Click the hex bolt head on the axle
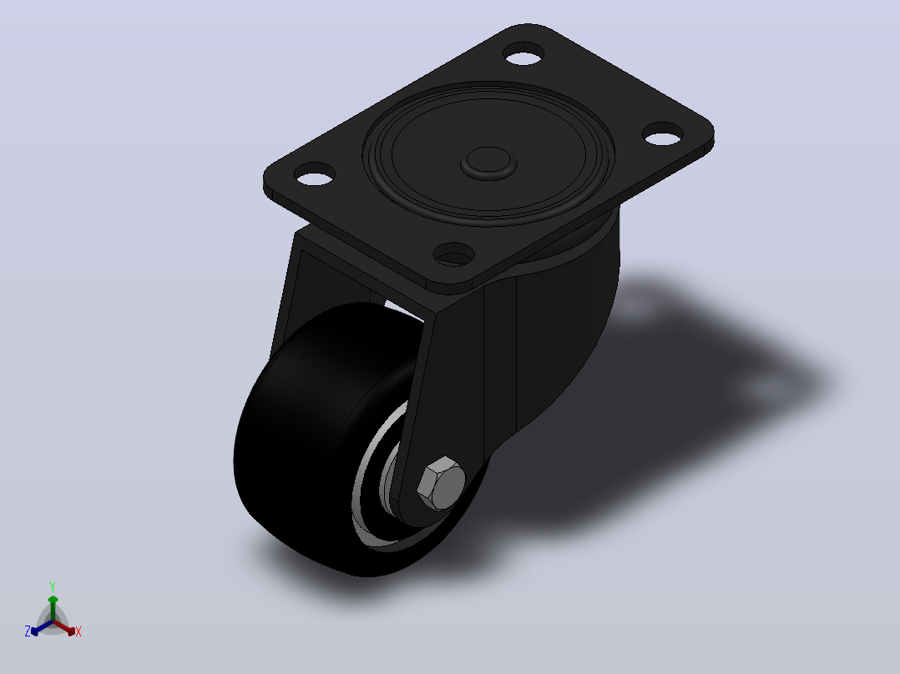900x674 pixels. [x=441, y=484]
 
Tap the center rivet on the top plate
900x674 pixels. [x=488, y=163]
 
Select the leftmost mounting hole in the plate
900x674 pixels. [x=315, y=174]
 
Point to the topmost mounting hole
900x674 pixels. [x=524, y=53]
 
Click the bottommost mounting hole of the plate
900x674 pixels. [x=453, y=254]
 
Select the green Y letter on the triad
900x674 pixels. [x=53, y=586]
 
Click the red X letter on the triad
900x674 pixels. [x=78, y=631]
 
